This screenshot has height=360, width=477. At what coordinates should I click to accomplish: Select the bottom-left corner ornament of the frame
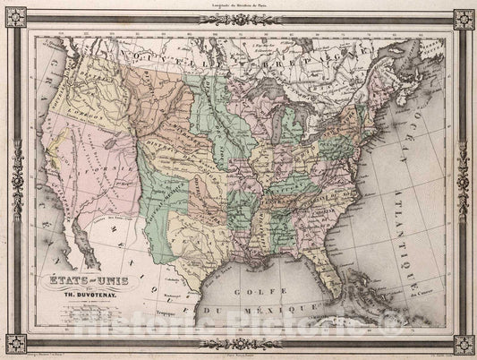click(15, 344)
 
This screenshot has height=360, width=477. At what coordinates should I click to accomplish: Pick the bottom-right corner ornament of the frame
click(463, 344)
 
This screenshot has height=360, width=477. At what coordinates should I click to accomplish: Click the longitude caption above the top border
click(238, 6)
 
